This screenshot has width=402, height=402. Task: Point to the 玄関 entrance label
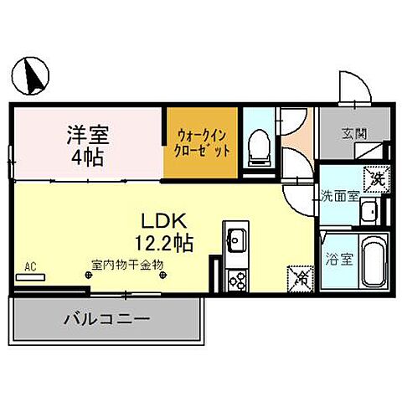[353, 132]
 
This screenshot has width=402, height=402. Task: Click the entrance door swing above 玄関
[350, 88]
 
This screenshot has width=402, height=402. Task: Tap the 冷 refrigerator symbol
[297, 276]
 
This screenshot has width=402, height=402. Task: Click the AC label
[30, 267]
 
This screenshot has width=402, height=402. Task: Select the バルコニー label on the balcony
[106, 319]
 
